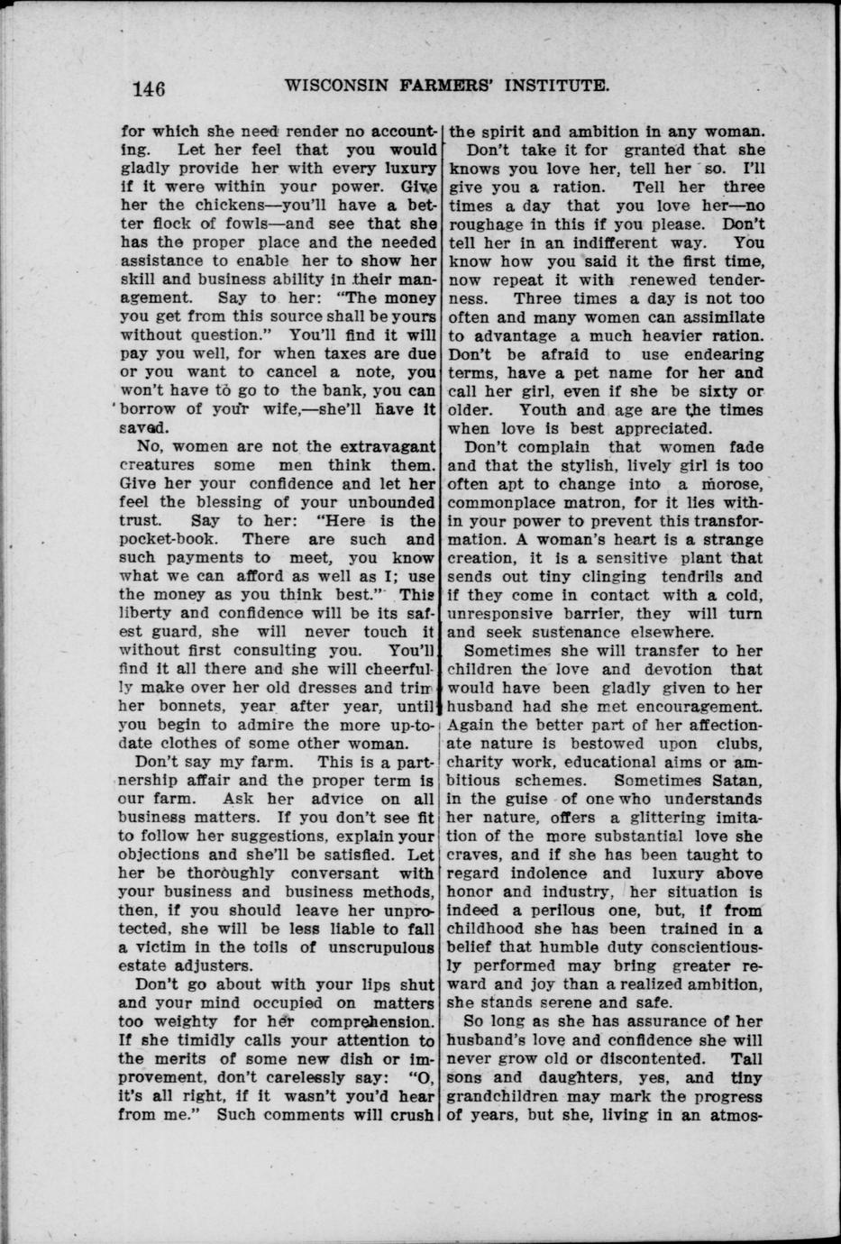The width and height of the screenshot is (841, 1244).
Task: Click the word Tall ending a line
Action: pos(747,1059)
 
